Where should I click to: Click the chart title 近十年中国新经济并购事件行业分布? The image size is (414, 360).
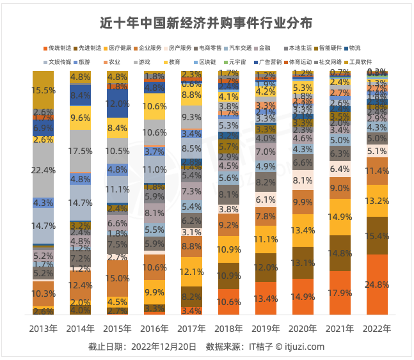[x=207, y=24]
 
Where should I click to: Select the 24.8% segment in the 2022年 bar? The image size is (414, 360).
[x=378, y=284]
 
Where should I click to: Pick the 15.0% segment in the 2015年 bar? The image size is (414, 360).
[x=117, y=278]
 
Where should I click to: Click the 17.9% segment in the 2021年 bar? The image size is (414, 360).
[x=340, y=293]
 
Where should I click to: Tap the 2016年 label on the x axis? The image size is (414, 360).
[x=154, y=329]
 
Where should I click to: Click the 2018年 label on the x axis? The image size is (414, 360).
[x=228, y=329]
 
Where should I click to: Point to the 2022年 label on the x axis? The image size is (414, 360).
[x=378, y=329]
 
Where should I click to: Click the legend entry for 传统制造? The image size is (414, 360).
[x=59, y=48]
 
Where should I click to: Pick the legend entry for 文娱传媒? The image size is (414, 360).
[x=59, y=62]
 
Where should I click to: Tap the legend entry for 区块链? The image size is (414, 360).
[x=206, y=62]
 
